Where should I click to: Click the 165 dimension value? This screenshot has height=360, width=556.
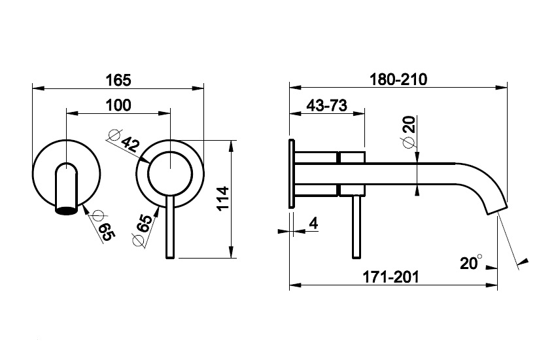coord(118,80)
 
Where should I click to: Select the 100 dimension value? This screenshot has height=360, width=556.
coord(118,105)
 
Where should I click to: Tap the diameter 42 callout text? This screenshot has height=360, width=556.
coord(122,139)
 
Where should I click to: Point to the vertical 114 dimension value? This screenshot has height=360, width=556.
coord(224,198)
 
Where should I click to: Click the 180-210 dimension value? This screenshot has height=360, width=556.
coord(398,79)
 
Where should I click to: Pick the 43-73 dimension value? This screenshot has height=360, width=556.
coord(326,105)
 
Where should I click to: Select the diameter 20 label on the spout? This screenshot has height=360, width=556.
coord(408,130)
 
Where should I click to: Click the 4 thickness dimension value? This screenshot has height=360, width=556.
coord(314,223)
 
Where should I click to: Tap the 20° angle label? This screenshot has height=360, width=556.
coord(471,262)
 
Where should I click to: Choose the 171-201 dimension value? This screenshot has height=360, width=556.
coord(391,277)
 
